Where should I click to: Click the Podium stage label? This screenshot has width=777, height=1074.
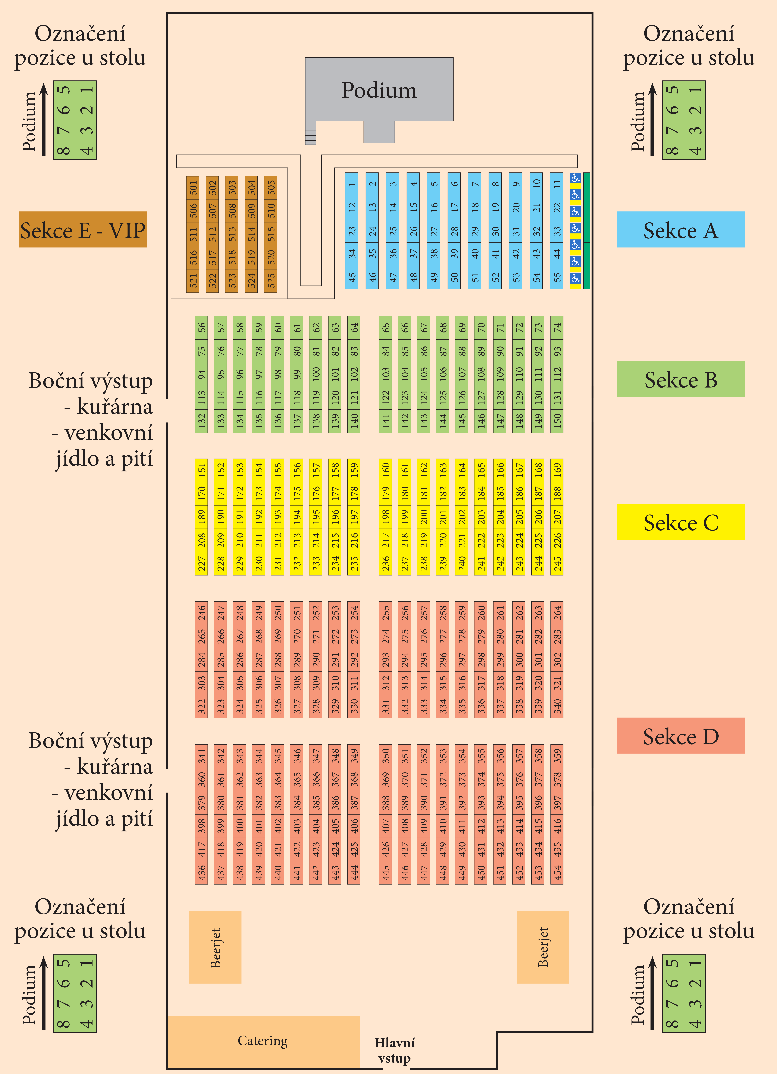(379, 90)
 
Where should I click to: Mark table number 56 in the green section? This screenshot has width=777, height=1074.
(201, 327)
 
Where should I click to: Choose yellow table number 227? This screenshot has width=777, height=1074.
(201, 563)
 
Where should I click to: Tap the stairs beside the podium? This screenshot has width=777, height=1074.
(310, 133)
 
